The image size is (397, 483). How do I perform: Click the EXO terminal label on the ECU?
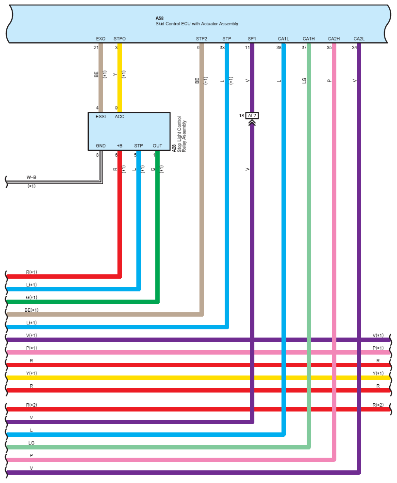(x=100, y=39)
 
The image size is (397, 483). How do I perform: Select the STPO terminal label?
(x=119, y=39)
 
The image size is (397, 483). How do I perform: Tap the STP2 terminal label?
(x=201, y=39)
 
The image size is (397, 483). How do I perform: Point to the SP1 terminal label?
(x=252, y=39)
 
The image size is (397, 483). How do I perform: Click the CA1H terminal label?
(x=309, y=39)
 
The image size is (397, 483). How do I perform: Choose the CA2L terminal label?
(x=359, y=39)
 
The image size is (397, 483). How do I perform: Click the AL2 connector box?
(x=252, y=116)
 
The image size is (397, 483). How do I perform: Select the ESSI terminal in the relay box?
(x=101, y=117)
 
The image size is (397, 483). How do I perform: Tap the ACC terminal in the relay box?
(x=119, y=117)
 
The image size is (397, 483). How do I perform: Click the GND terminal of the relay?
(x=101, y=146)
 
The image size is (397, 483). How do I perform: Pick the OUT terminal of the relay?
(x=157, y=146)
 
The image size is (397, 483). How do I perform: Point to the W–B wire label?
(x=32, y=178)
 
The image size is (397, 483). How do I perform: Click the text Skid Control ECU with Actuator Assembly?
(x=197, y=24)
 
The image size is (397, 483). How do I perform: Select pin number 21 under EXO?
(x=96, y=48)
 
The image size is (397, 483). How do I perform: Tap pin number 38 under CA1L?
(x=279, y=48)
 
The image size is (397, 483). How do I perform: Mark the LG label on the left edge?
(x=32, y=443)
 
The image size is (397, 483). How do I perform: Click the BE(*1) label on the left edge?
(x=32, y=310)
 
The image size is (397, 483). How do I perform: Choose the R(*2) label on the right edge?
(x=378, y=405)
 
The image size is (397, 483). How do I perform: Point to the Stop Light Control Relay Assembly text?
(x=182, y=134)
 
